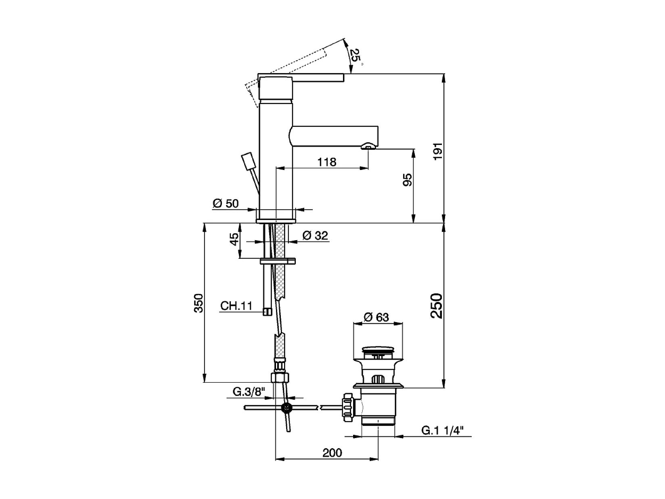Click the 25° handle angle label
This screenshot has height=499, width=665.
pyautogui.click(x=355, y=55)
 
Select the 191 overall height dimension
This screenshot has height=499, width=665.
pyautogui.click(x=438, y=151)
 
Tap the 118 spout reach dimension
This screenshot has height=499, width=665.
pyautogui.click(x=326, y=162)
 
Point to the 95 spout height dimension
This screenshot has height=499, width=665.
pyautogui.click(x=408, y=180)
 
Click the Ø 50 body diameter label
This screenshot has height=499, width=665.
pyautogui.click(x=226, y=203)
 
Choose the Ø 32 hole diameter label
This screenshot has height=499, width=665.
pyautogui.click(x=315, y=235)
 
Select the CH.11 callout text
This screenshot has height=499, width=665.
pyautogui.click(x=236, y=306)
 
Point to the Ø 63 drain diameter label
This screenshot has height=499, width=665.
pyautogui.click(x=376, y=317)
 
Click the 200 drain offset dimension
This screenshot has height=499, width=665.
pyautogui.click(x=332, y=453)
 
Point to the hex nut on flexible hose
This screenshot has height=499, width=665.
pyautogui.click(x=280, y=378)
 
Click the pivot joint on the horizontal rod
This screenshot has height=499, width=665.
pyautogui.click(x=286, y=408)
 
